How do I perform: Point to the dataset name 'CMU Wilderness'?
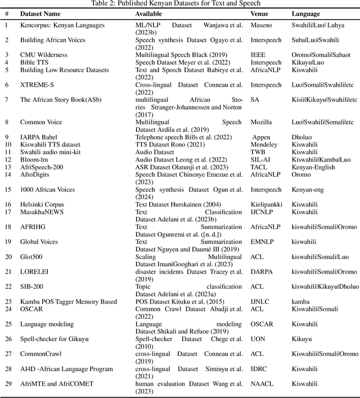pyautogui.click(x=43, y=55)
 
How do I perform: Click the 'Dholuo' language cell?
pyautogui.click(x=303, y=137)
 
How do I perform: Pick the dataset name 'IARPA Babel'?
pyautogui.click(x=38, y=137)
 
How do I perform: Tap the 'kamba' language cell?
pyautogui.click(x=301, y=302)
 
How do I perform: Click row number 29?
pyautogui.click(x=7, y=384)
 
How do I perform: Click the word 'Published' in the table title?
pyautogui.click(x=143, y=3)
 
